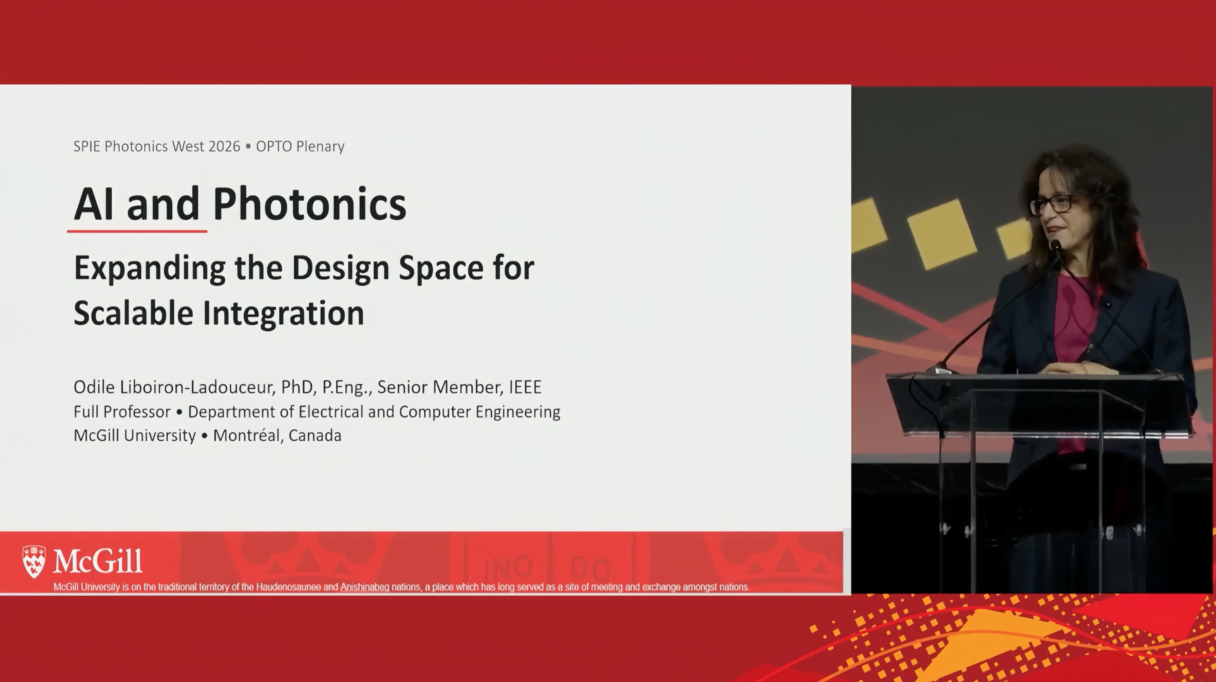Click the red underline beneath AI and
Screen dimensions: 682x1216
click(137, 231)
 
